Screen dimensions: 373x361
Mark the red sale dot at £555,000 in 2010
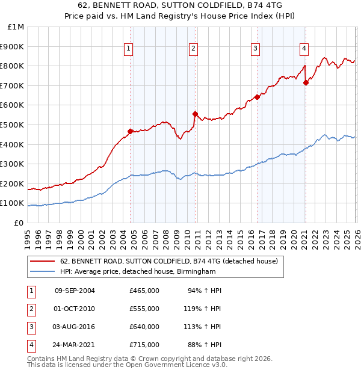[194, 114]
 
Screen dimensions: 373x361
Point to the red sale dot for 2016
[257, 97]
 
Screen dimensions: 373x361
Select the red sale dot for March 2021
[306, 82]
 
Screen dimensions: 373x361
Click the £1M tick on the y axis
[16, 26]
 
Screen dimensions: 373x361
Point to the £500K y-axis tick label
[13, 125]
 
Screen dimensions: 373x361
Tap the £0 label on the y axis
[19, 223]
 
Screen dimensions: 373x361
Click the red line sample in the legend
[43, 262]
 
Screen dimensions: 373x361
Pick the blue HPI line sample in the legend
[43, 271]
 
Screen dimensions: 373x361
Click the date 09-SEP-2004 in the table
[75, 291]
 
